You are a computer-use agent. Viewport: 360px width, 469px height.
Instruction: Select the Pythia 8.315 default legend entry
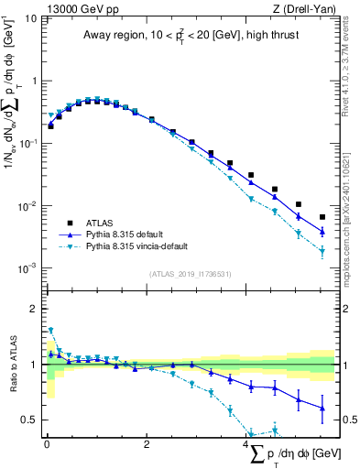(128, 234)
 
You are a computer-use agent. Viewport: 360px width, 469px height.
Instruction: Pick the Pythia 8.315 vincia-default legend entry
(137, 247)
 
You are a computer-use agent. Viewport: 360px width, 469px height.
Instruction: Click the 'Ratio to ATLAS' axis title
(12, 365)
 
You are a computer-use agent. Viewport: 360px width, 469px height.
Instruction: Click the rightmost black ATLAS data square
(322, 217)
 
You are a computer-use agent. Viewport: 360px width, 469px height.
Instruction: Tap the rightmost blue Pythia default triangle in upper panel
(322, 232)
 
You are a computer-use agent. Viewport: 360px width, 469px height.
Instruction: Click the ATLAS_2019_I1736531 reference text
(191, 275)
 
